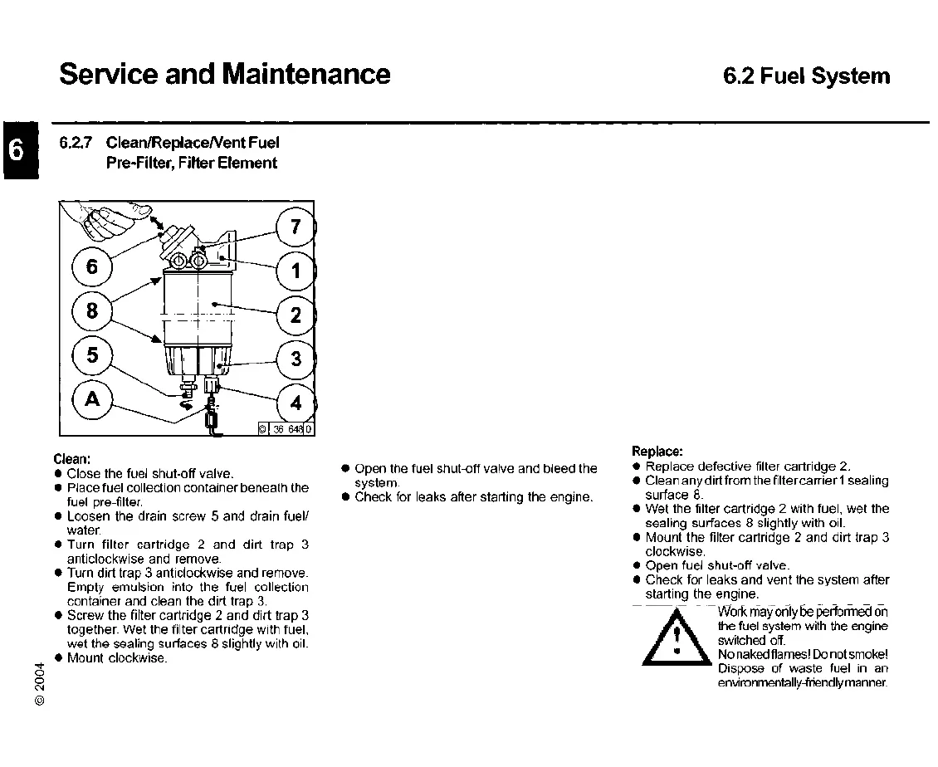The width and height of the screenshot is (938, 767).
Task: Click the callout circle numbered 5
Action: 92,355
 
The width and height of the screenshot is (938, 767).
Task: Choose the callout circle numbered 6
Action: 92,266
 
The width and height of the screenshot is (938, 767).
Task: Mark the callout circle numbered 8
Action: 92,311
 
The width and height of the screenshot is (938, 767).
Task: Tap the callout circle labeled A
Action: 92,398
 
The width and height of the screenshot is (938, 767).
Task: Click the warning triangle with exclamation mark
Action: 678,639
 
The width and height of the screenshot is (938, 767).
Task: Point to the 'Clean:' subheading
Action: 71,459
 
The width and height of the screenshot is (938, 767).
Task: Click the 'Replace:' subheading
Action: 657,452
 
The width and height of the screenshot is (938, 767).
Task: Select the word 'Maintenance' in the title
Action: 305,75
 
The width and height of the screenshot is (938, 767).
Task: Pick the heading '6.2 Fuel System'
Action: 806,77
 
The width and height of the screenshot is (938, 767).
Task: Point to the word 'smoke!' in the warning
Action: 866,655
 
